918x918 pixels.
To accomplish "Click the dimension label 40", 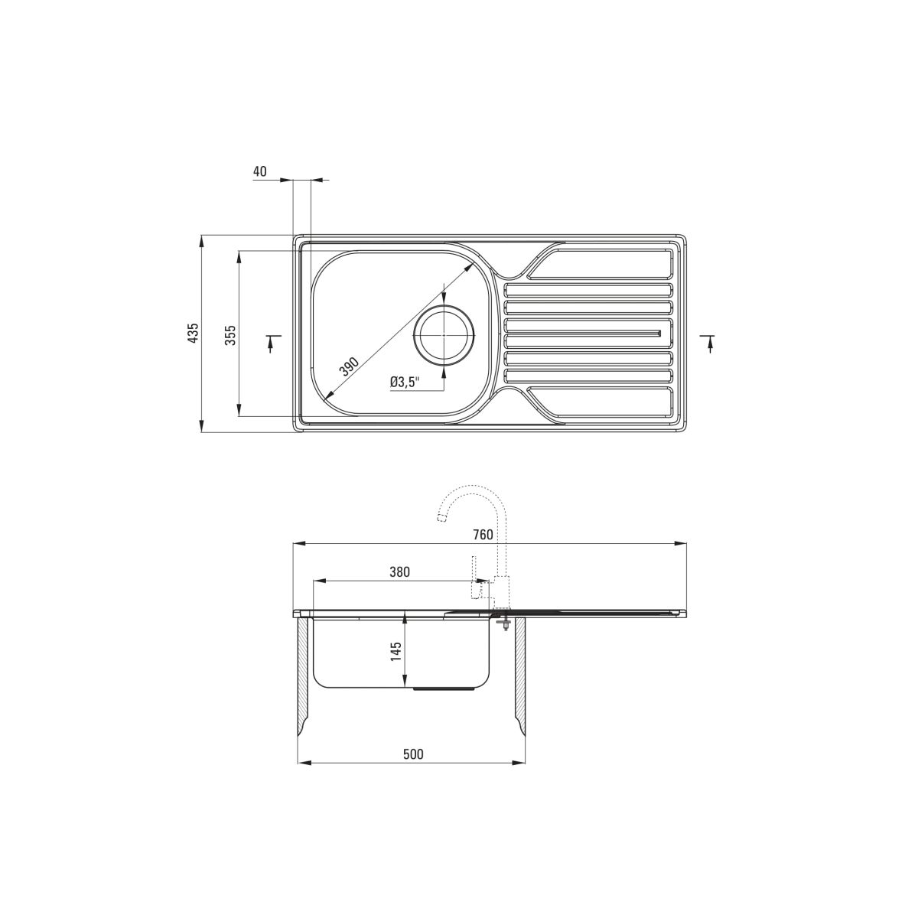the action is pyautogui.click(x=259, y=171).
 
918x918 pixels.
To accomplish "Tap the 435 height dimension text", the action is pyautogui.click(x=193, y=333).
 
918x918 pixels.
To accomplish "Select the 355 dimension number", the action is pyautogui.click(x=230, y=335).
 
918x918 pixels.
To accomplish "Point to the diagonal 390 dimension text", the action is pyautogui.click(x=349, y=366).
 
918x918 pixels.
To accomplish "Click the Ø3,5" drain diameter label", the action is pyautogui.click(x=405, y=381).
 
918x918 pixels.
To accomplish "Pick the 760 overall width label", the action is pyautogui.click(x=483, y=535).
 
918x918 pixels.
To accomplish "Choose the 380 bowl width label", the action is pyautogui.click(x=399, y=571).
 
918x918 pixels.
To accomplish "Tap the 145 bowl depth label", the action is pyautogui.click(x=396, y=651).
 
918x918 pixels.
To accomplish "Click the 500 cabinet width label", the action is pyautogui.click(x=413, y=754).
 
